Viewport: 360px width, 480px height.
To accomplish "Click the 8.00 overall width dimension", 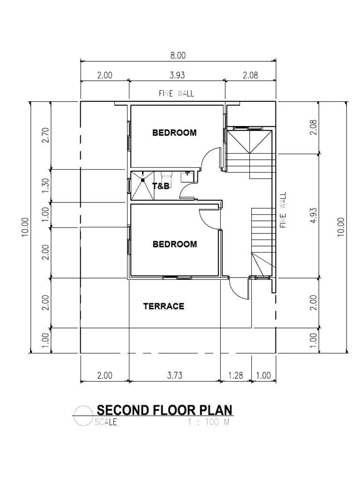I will click(x=178, y=55).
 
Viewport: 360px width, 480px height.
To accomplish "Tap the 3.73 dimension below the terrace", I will click(x=174, y=375).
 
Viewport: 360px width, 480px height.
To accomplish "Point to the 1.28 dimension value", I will click(x=236, y=375).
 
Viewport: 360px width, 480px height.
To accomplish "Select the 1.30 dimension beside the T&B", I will click(x=45, y=185).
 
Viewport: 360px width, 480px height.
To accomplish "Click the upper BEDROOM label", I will click(x=174, y=133).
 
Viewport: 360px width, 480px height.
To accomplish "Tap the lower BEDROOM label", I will click(x=174, y=244).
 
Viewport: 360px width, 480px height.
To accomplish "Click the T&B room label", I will click(x=160, y=186).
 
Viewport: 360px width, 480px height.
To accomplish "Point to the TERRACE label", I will click(x=164, y=307).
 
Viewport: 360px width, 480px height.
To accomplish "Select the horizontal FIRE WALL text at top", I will click(x=176, y=94).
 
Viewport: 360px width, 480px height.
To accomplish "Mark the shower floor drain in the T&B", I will click(x=142, y=180).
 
